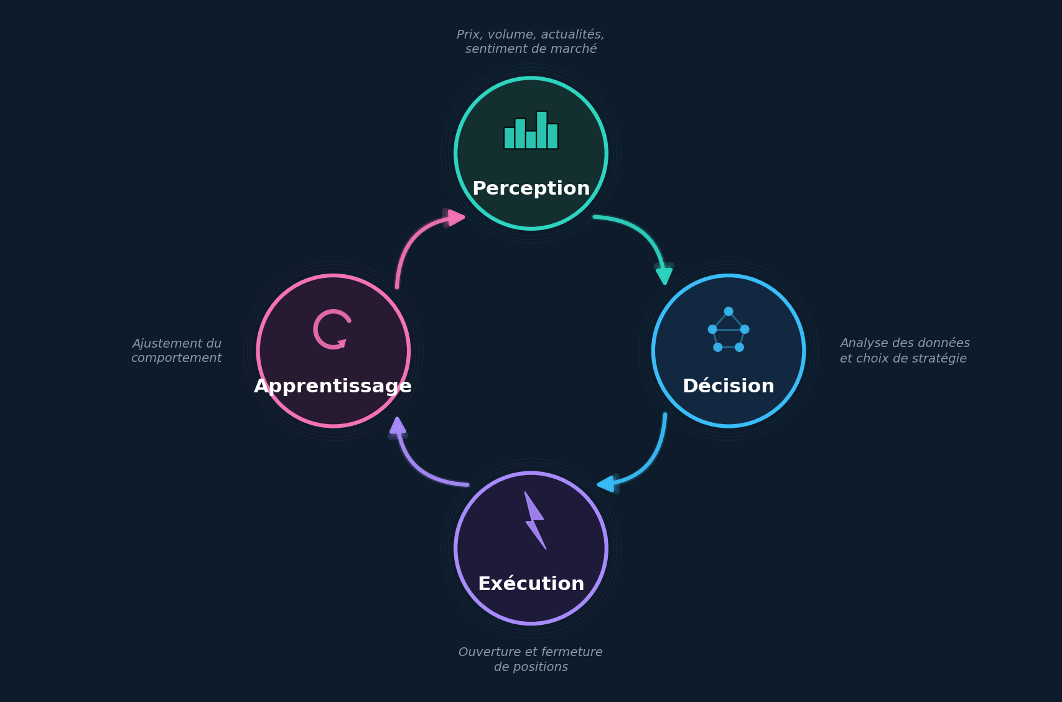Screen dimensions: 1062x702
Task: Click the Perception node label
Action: pyautogui.click(x=531, y=188)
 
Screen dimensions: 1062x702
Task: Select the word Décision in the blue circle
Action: pyautogui.click(x=729, y=386)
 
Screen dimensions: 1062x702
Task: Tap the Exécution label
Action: pyautogui.click(x=531, y=584)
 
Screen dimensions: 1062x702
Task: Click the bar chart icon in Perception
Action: pyautogui.click(x=531, y=130)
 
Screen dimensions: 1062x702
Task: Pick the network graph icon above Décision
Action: pyautogui.click(x=729, y=330)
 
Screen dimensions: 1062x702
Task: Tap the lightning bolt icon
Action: pyautogui.click(x=535, y=520)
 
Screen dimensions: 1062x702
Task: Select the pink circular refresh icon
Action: pyautogui.click(x=332, y=329)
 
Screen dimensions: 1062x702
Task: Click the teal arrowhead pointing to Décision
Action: pyautogui.click(x=664, y=275)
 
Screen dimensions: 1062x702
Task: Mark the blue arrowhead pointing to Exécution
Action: pyautogui.click(x=606, y=484)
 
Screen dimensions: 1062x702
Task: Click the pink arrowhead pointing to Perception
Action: pyautogui.click(x=456, y=218)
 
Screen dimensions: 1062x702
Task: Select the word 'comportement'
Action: pyautogui.click(x=176, y=358)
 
